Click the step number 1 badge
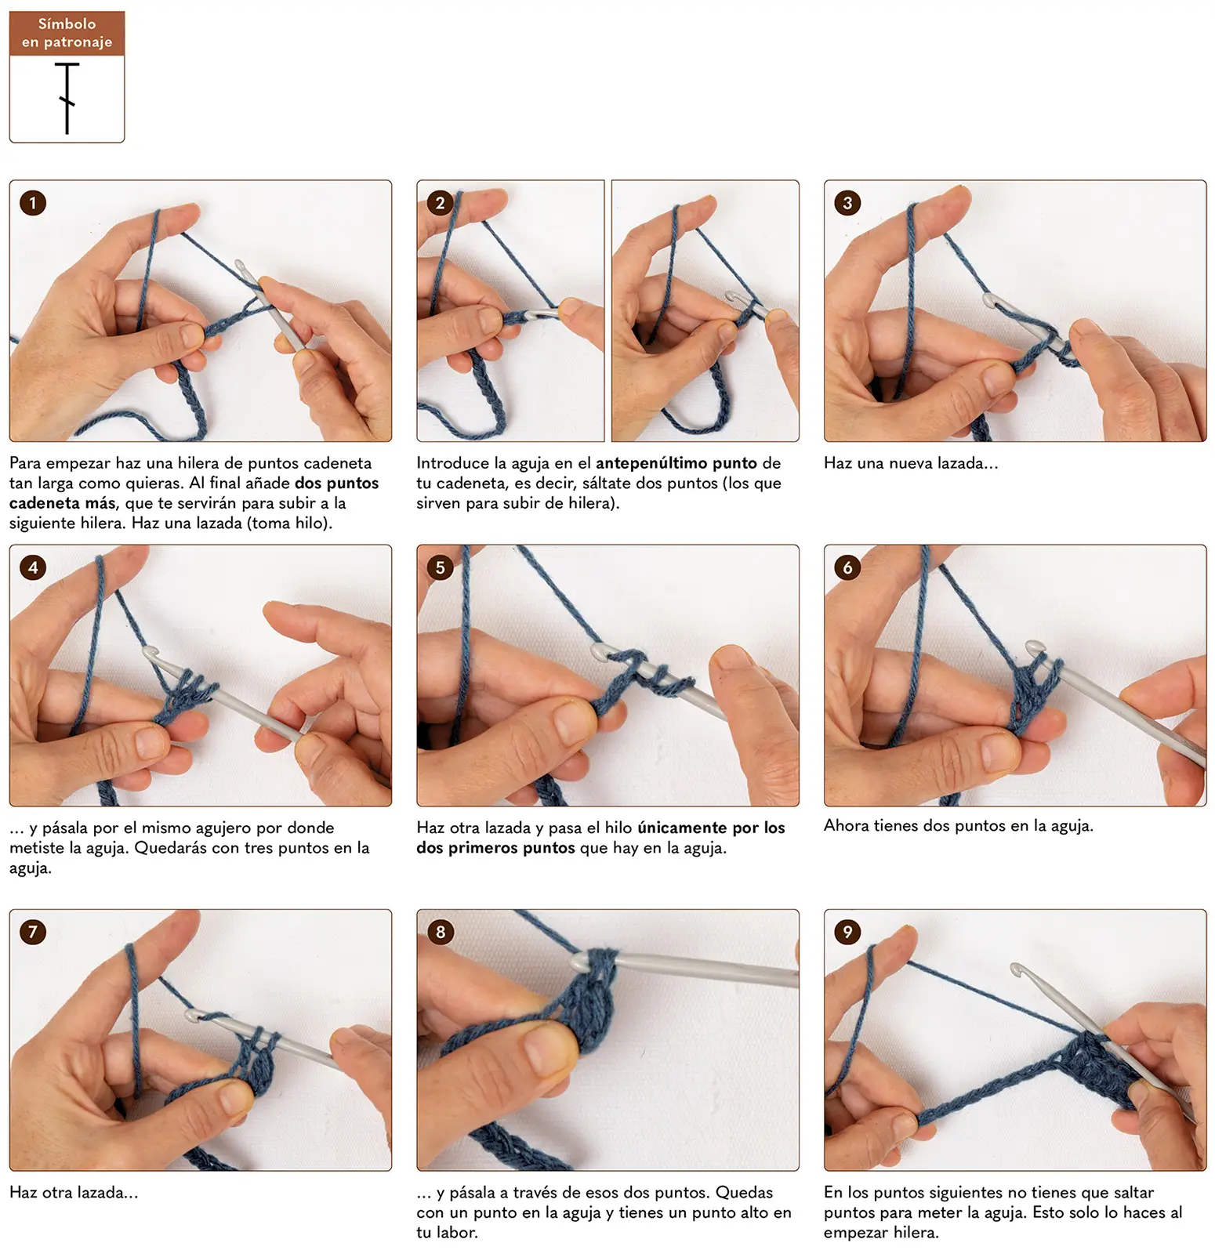pos(33,203)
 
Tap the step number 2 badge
pos(441,203)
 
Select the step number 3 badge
pos(847,203)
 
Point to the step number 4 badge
pos(33,567)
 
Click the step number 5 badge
pos(441,567)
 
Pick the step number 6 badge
pos(847,567)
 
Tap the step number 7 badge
pos(33,932)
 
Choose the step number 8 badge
pos(441,932)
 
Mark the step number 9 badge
pos(847,932)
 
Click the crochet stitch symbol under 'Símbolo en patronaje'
pos(67,99)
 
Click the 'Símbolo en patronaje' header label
pos(67,33)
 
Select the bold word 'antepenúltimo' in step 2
pos(651,463)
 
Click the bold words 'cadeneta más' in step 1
pos(63,503)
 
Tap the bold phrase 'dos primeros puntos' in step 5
pos(496,848)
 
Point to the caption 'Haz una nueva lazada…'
pos(911,463)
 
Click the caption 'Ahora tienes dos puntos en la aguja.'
pos(958,825)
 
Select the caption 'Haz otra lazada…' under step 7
pos(74,1193)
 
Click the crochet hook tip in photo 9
pos(1016,969)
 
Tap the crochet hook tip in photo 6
pos(1035,647)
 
